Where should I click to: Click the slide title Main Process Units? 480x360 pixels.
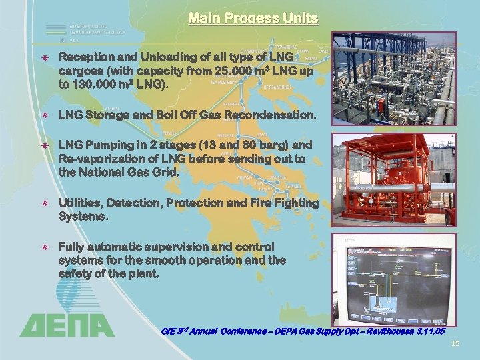click(253, 18)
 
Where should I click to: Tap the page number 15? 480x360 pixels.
click(456, 343)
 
